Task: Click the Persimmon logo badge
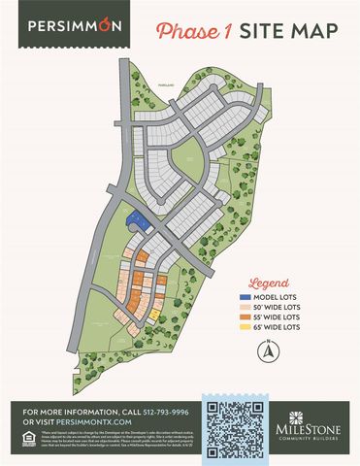(75, 25)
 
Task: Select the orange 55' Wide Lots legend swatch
(244, 318)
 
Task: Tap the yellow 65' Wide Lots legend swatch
(244, 329)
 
